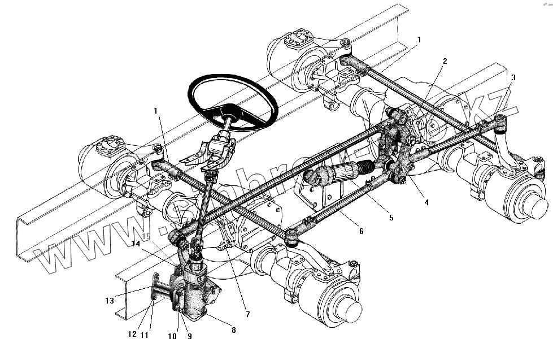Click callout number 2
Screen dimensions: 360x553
point(445,62)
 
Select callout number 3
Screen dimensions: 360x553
point(513,77)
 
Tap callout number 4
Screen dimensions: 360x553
point(426,202)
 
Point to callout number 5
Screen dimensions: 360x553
point(391,217)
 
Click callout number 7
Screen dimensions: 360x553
point(247,314)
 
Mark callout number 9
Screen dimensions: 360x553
point(189,336)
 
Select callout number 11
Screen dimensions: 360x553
point(144,335)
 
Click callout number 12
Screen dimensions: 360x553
point(132,334)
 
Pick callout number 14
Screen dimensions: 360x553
point(135,244)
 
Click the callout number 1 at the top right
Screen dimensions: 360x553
point(419,40)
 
